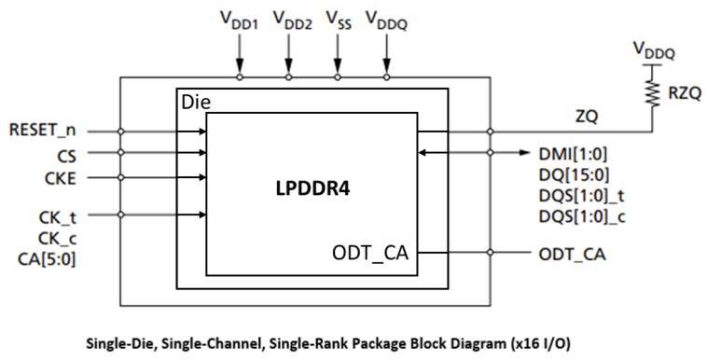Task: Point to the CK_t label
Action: tap(56, 219)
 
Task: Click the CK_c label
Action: tap(56, 240)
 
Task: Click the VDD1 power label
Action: tap(239, 20)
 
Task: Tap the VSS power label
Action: tap(337, 20)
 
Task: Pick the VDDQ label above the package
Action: tap(385, 20)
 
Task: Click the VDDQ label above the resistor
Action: tap(653, 48)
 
